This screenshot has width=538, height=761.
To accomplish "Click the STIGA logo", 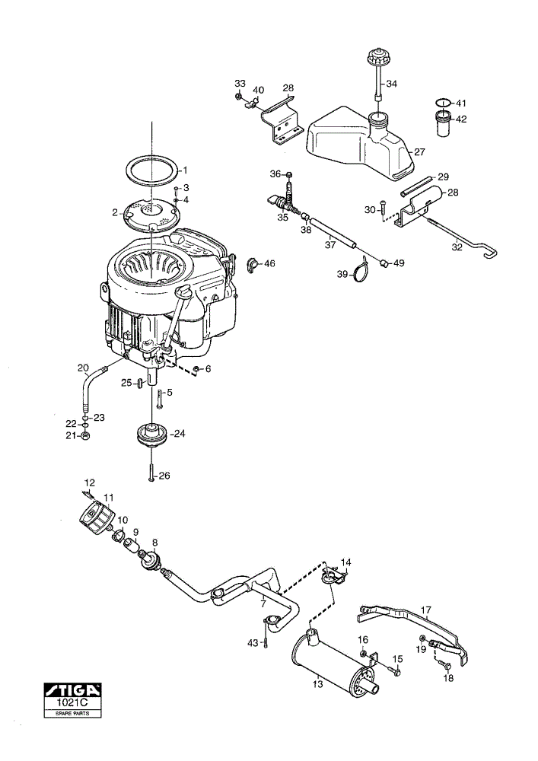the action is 72,689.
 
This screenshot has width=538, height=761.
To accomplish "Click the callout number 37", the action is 330,245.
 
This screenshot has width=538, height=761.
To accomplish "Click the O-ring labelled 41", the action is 441,103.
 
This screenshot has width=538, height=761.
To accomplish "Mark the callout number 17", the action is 426,610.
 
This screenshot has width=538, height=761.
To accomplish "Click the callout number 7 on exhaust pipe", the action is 263,603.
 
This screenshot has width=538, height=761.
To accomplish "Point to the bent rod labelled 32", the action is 463,238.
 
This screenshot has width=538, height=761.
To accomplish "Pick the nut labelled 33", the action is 238,96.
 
